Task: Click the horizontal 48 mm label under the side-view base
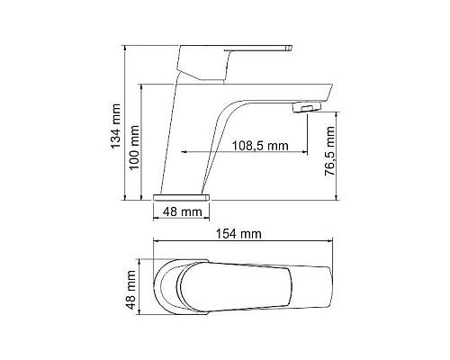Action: tap(183, 213)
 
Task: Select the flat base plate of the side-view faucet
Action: tap(183, 193)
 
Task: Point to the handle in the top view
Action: tap(234, 284)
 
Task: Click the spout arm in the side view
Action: tap(270, 97)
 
